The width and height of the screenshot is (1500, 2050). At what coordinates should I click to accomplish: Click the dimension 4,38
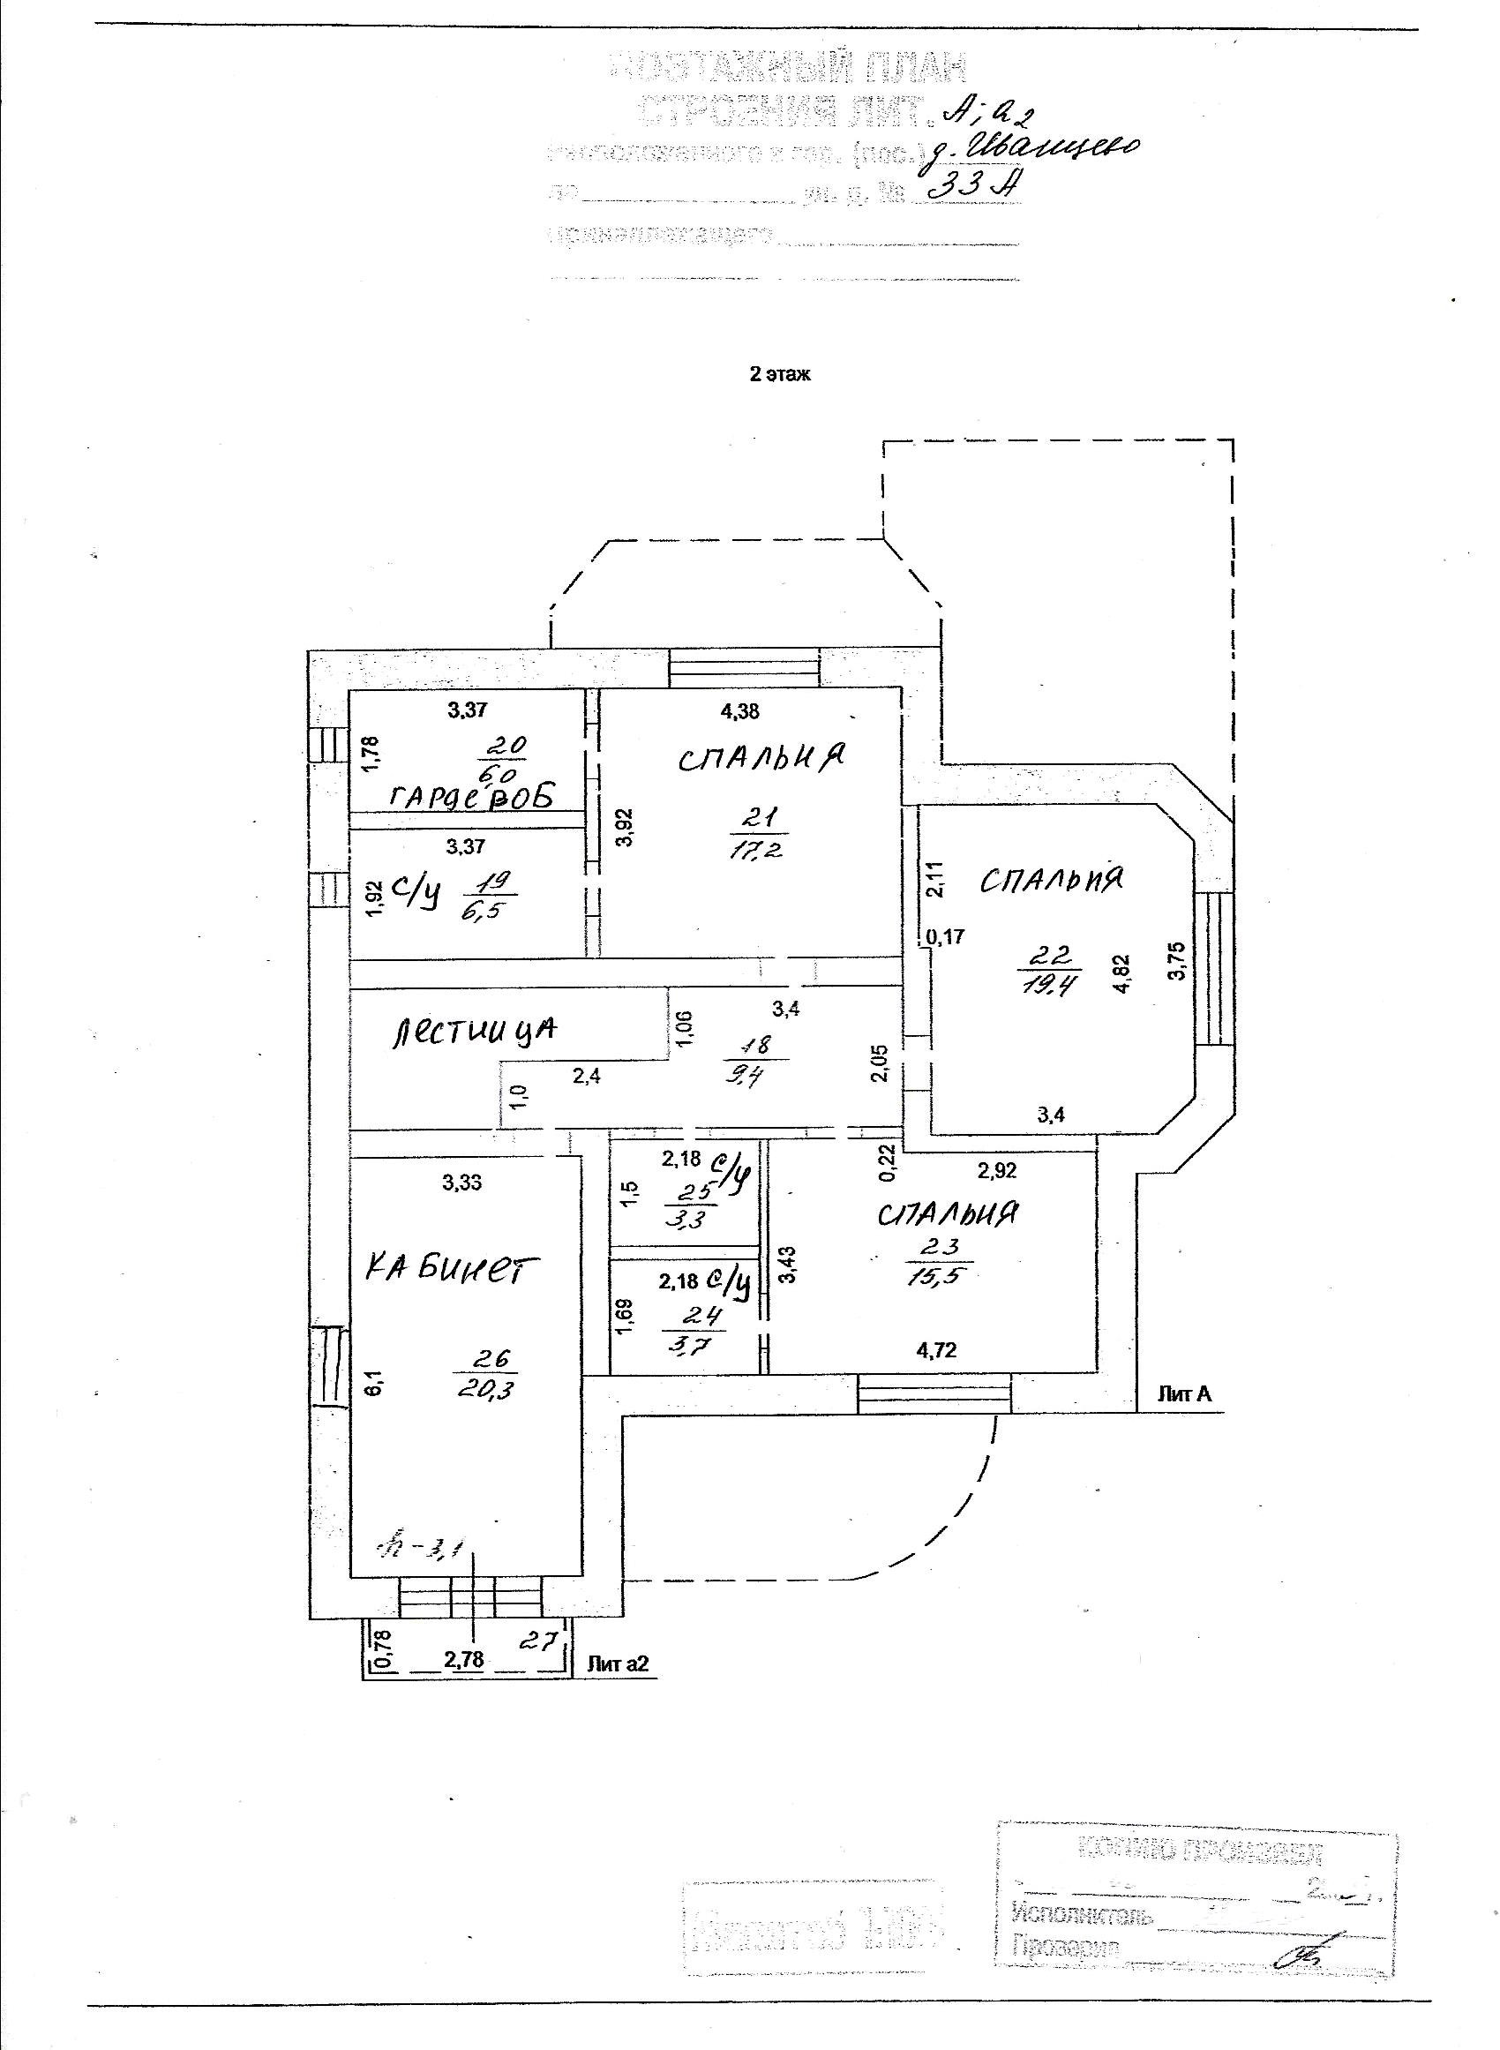[739, 712]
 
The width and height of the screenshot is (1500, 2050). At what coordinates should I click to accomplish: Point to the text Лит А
[1184, 1393]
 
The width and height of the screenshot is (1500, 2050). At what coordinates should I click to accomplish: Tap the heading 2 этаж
[779, 375]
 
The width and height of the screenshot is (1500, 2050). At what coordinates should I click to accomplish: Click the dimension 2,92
[997, 1171]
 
